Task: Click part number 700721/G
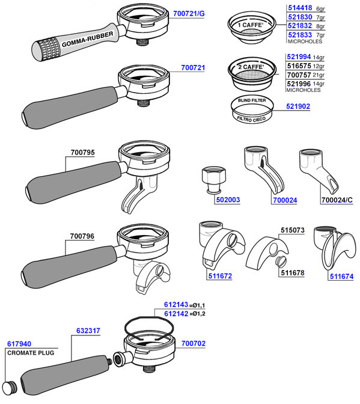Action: [189, 13]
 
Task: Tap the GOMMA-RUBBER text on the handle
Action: [87, 40]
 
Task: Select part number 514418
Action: [300, 8]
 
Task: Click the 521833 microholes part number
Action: [300, 35]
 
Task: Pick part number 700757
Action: [299, 75]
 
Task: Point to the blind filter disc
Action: [252, 110]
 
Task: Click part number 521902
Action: [298, 106]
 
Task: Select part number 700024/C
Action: [337, 200]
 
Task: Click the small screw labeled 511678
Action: [281, 262]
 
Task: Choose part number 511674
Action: [342, 277]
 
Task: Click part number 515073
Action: [293, 230]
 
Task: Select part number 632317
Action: [88, 331]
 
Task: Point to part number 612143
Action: [176, 305]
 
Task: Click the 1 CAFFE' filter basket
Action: [252, 27]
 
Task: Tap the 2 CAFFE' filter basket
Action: [252, 74]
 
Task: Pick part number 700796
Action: [82, 236]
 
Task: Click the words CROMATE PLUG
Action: [31, 353]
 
